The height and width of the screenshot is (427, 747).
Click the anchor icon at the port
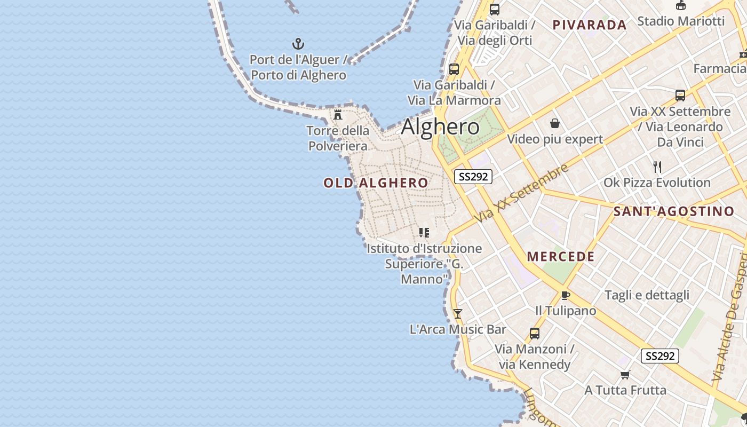tap(298, 44)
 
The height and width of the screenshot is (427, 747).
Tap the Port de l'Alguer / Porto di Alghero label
tap(298, 67)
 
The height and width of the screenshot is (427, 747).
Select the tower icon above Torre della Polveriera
tap(338, 114)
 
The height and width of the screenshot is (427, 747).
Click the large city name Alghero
tap(440, 127)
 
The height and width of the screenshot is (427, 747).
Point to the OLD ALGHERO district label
tap(376, 183)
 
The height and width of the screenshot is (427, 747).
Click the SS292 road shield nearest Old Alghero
tap(473, 177)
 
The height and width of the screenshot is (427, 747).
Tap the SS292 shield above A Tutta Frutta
tap(660, 356)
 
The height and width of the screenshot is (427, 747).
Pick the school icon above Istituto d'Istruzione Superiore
tap(424, 233)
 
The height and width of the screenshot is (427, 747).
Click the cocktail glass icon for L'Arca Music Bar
tap(457, 314)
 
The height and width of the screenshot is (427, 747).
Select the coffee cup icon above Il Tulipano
tap(566, 295)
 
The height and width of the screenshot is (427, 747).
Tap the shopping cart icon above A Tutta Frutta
tap(625, 375)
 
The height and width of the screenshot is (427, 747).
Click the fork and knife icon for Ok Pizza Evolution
tap(657, 167)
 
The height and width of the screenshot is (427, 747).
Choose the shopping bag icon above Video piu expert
tap(555, 124)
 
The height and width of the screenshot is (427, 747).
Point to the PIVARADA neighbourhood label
tap(590, 25)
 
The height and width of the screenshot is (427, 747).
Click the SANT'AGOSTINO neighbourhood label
tap(674, 211)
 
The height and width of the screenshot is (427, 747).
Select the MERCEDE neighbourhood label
tap(561, 257)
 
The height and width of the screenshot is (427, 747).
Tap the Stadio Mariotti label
tap(681, 21)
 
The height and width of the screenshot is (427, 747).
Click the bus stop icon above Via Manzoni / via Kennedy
tap(535, 334)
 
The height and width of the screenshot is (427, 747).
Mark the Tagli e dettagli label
tap(647, 295)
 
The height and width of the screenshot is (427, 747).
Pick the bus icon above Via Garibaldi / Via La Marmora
tap(454, 69)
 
